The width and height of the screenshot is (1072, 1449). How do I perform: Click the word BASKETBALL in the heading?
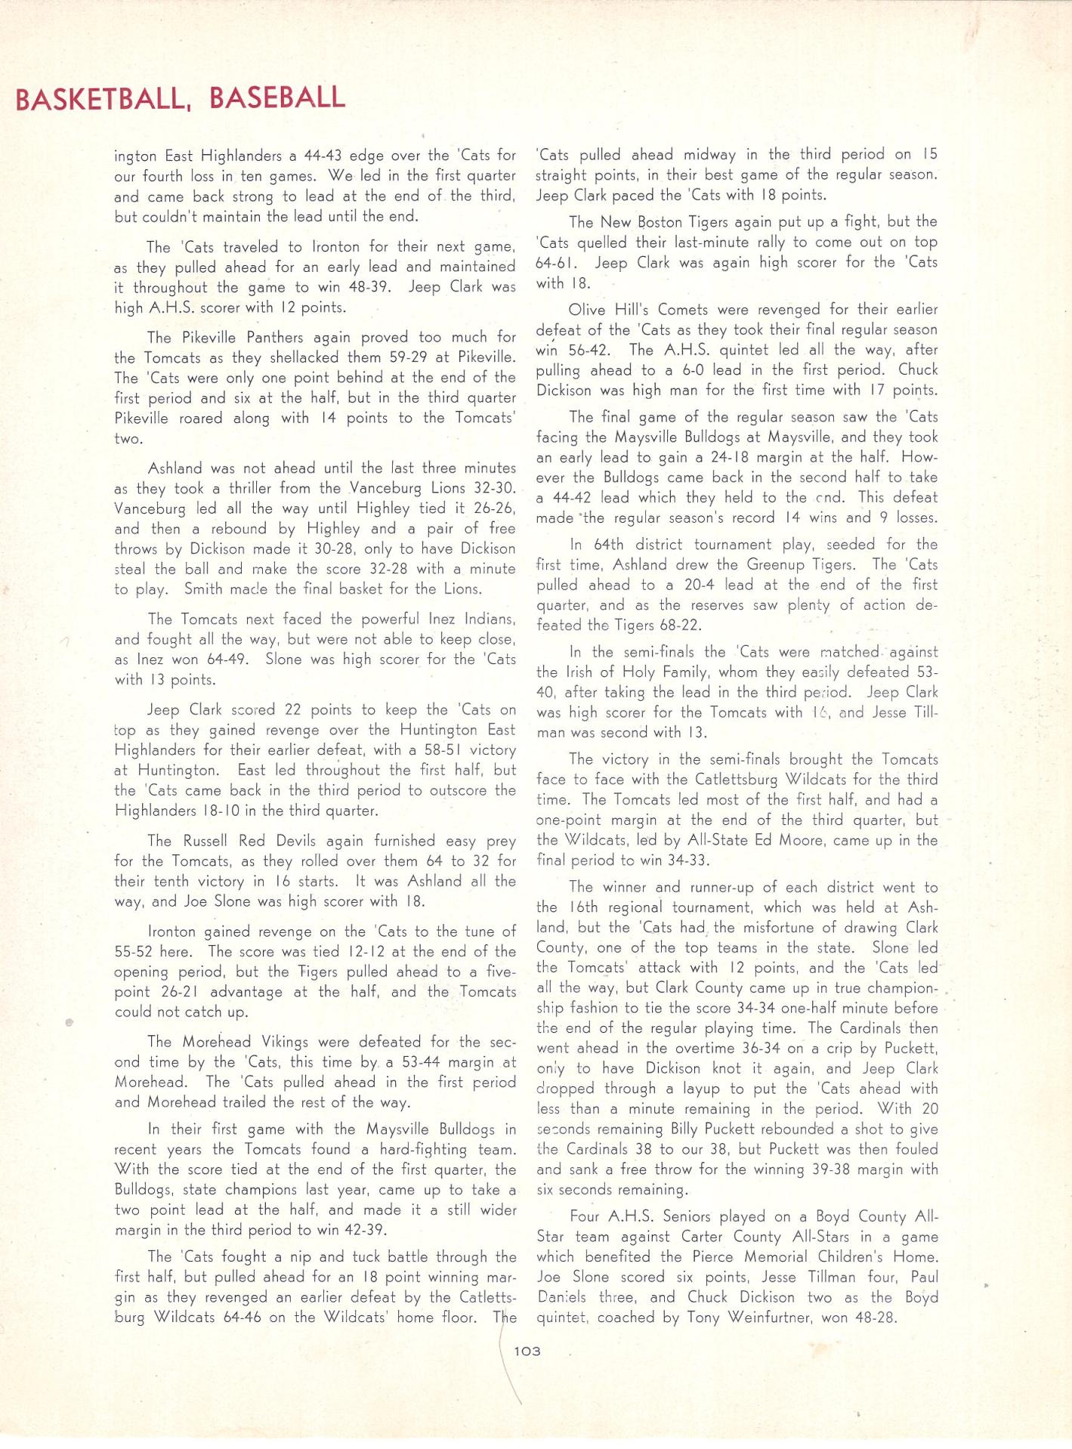click(97, 99)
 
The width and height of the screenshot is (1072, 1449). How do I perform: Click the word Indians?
click(491, 619)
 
